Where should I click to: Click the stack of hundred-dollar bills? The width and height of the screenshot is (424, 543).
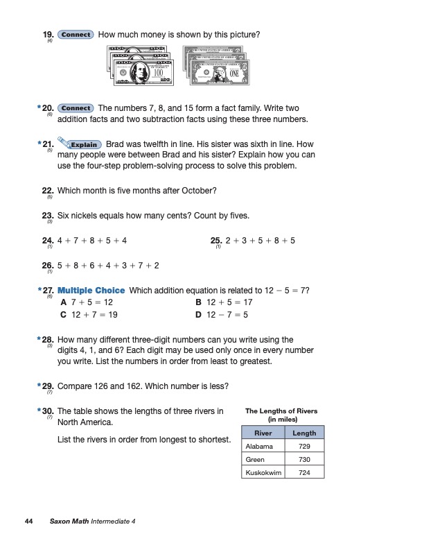pyautogui.click(x=140, y=66)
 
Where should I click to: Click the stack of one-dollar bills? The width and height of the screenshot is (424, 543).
pyautogui.click(x=215, y=66)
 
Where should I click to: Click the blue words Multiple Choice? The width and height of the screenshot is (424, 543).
pyautogui.click(x=91, y=290)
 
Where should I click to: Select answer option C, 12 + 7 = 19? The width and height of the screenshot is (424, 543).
pyautogui.click(x=89, y=314)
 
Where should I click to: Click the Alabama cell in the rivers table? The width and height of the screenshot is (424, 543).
pyautogui.click(x=259, y=446)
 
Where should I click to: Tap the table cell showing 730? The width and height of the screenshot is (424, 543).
pyautogui.click(x=304, y=459)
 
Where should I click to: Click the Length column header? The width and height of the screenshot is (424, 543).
pyautogui.click(x=304, y=433)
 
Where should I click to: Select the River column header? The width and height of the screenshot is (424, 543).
pyautogui.click(x=263, y=433)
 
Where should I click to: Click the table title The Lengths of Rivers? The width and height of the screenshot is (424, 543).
pyautogui.click(x=281, y=411)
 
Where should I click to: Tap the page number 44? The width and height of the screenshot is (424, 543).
pyautogui.click(x=28, y=521)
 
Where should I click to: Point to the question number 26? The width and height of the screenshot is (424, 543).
pyautogui.click(x=48, y=265)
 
